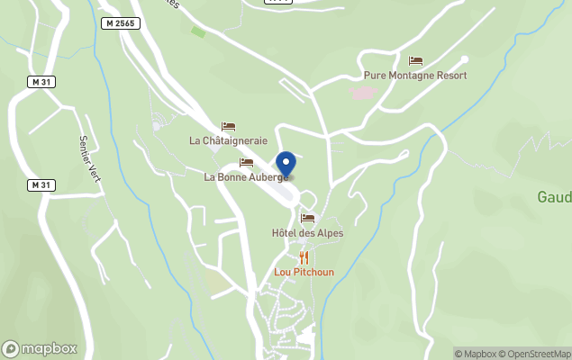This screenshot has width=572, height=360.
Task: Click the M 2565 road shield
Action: click(120, 22)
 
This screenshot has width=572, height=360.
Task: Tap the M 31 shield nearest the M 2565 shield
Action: click(40, 82)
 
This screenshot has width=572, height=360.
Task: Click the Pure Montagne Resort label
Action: click(415, 77)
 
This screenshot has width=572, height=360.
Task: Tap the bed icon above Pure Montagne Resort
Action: click(415, 61)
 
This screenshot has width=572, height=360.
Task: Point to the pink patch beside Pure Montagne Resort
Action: click(363, 92)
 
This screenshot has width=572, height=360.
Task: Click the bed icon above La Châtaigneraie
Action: click(228, 127)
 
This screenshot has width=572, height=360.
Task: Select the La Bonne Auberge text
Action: click(245, 177)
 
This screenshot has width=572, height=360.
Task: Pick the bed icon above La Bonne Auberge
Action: click(246, 162)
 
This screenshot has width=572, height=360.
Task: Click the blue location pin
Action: click(286, 165)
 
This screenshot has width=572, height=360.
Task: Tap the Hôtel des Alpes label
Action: click(307, 233)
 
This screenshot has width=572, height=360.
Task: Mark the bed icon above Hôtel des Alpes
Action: click(307, 218)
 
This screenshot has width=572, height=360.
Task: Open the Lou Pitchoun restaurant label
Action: click(304, 272)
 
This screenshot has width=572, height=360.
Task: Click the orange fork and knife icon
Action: click(304, 257)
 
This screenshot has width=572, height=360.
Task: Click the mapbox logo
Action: click(40, 348)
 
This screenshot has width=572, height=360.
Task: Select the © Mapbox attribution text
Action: click(475, 354)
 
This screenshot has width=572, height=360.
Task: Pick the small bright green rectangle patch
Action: click(198, 32)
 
